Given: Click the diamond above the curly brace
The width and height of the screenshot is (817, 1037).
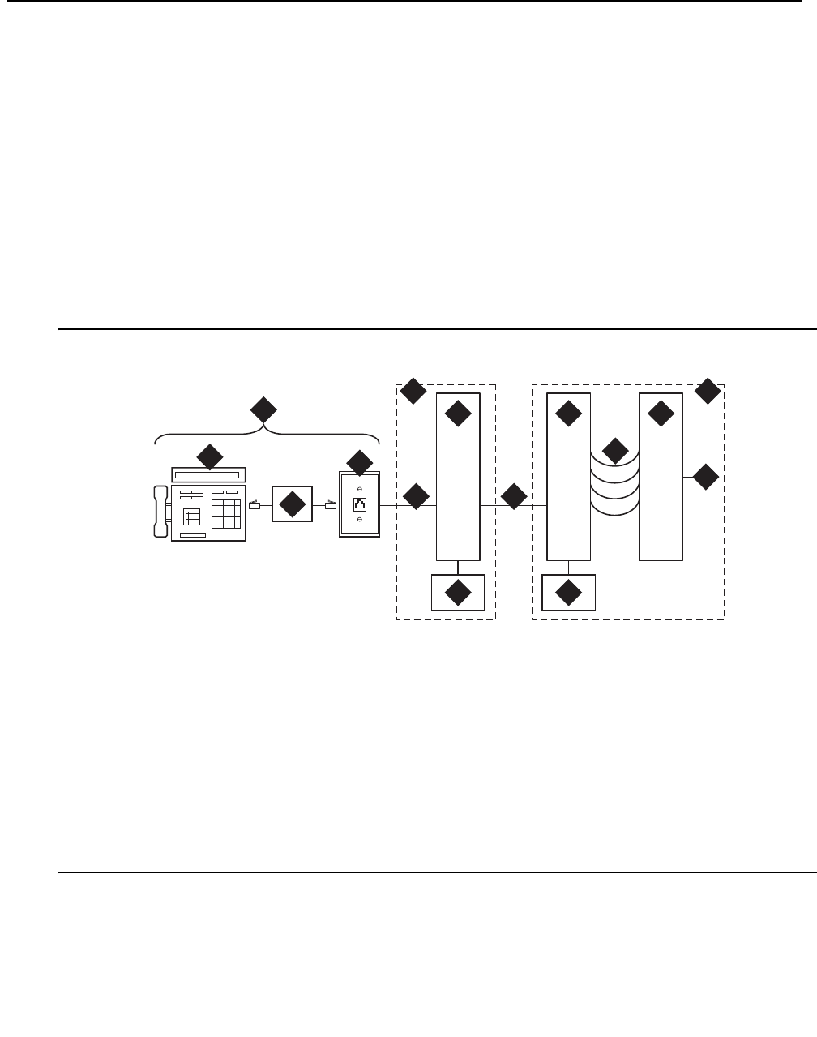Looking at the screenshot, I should point(261,409).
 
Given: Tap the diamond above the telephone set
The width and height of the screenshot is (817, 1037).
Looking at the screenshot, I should point(209,456).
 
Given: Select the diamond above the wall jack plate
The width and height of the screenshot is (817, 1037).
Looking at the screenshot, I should point(359,461).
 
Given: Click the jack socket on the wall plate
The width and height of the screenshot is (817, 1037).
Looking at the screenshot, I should point(359,504).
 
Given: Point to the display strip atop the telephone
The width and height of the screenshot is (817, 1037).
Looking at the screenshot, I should point(209,474).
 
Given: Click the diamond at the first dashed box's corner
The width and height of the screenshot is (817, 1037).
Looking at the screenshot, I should point(413,392).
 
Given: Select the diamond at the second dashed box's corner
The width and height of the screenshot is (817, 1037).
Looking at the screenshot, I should point(708,391).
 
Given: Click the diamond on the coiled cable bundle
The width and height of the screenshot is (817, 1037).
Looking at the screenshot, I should point(615,451).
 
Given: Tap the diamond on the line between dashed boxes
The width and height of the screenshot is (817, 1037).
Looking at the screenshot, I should point(514,496).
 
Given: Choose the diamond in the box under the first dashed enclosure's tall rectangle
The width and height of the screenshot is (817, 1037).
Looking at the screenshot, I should point(458,593).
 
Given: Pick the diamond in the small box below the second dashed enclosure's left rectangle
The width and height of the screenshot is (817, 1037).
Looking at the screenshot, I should point(568,593).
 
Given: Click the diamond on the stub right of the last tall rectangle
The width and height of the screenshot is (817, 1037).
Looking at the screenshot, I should point(706,477).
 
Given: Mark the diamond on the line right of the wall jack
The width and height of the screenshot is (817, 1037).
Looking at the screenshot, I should point(416,496).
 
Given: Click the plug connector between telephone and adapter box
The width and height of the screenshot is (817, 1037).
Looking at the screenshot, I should point(255,506).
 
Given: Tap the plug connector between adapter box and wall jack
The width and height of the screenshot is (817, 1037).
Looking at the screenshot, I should point(330,506).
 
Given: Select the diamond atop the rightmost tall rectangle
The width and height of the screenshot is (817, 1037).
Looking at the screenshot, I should point(661,414).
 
